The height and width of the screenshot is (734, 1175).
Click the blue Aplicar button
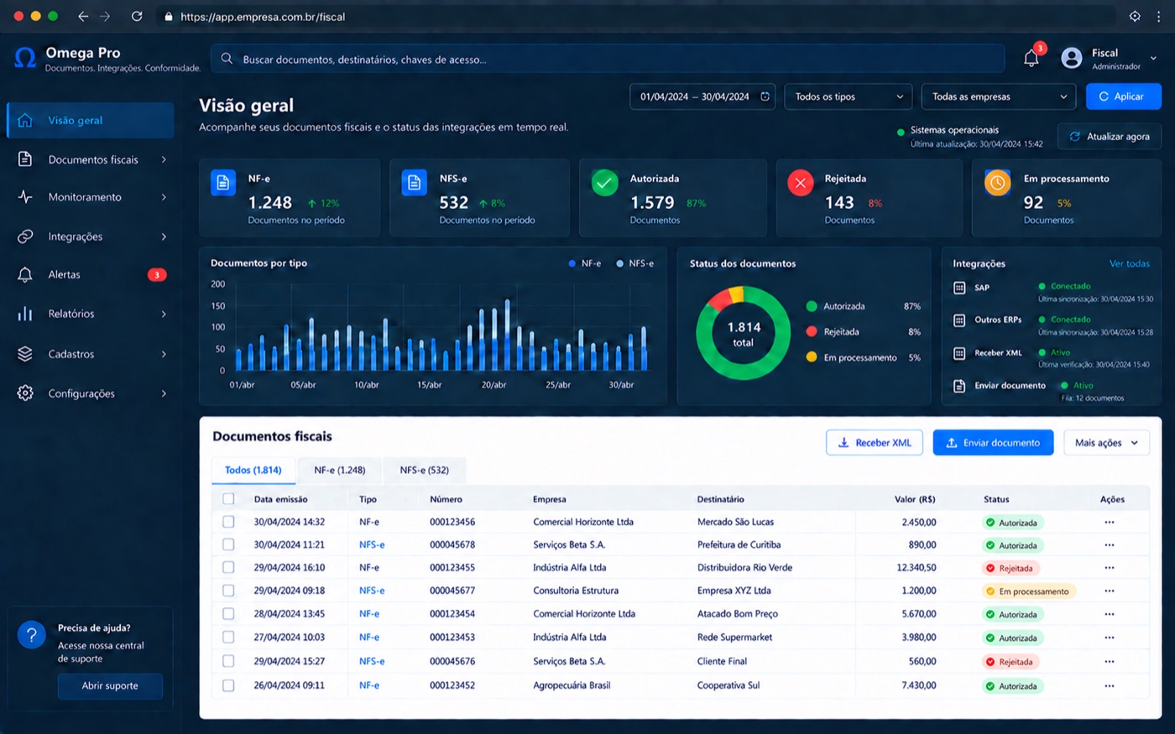(1123, 96)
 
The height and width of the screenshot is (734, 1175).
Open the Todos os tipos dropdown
(848, 96)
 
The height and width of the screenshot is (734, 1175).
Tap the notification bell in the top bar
(1031, 58)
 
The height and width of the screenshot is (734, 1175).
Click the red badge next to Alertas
(156, 275)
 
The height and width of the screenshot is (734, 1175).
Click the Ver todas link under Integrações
(1129, 263)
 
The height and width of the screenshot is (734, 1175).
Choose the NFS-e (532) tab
(425, 471)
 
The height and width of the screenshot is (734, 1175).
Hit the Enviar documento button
(993, 443)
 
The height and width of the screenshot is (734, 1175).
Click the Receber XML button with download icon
(875, 443)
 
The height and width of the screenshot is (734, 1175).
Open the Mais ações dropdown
(1106, 443)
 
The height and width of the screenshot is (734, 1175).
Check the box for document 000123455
(228, 567)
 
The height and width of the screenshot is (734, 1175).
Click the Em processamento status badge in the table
(1028, 591)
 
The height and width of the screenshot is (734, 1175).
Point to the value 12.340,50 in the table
(916, 568)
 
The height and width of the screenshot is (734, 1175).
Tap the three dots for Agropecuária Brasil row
(1109, 686)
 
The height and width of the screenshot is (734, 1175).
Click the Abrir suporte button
(110, 686)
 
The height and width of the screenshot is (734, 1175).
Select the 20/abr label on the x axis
(493, 385)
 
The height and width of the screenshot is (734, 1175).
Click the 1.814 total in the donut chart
(744, 334)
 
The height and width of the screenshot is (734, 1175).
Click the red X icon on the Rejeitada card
(801, 183)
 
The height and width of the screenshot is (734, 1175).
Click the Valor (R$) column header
(915, 499)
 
